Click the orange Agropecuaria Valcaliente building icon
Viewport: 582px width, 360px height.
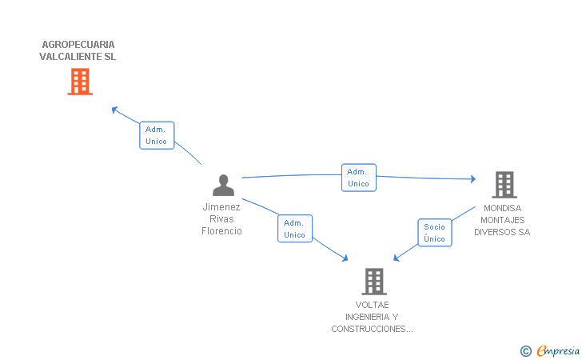pyautogui.click(x=79, y=82)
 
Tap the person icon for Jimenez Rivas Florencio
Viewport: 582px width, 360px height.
pyautogui.click(x=223, y=185)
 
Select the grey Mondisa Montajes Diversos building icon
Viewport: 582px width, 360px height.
pyautogui.click(x=504, y=185)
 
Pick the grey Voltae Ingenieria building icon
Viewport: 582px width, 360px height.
pyautogui.click(x=374, y=282)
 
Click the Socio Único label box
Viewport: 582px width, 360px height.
pyautogui.click(x=434, y=233)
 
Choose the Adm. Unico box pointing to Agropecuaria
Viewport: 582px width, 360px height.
pyautogui.click(x=157, y=135)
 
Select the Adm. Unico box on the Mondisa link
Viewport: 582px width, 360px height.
pyautogui.click(x=358, y=178)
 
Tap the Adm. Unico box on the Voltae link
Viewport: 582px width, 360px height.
pyautogui.click(x=294, y=229)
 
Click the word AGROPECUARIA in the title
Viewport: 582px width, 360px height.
pyautogui.click(x=78, y=45)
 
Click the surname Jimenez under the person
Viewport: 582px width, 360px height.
pyautogui.click(x=221, y=206)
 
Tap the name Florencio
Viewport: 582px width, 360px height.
pyautogui.click(x=221, y=231)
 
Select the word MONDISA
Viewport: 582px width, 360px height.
pyautogui.click(x=502, y=208)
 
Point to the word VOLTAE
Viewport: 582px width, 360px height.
pyautogui.click(x=373, y=305)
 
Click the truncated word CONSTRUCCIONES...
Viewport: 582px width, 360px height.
pyautogui.click(x=371, y=329)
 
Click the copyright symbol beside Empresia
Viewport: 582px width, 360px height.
pyautogui.click(x=525, y=350)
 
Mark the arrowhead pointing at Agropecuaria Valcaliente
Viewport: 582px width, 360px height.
pyautogui.click(x=114, y=109)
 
